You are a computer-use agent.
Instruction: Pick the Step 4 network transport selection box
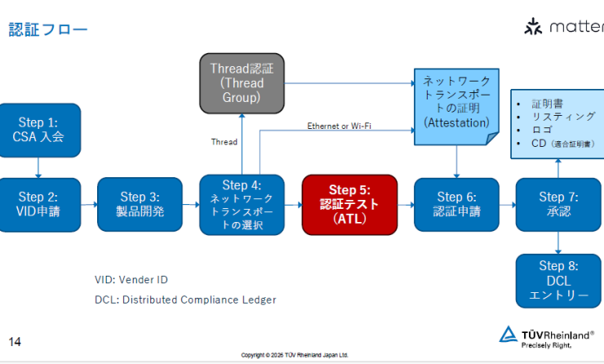pyautogui.click(x=242, y=205)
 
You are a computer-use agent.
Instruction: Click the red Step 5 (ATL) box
pyautogui.click(x=349, y=205)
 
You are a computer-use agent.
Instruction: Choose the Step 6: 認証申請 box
pyautogui.click(x=456, y=205)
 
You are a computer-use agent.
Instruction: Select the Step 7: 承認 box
pyautogui.click(x=558, y=205)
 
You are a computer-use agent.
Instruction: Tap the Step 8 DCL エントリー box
pyautogui.click(x=558, y=282)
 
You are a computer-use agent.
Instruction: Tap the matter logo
pyautogui.click(x=563, y=27)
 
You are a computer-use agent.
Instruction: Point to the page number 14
pyautogui.click(x=16, y=341)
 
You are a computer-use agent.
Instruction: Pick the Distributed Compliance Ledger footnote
pyautogui.click(x=185, y=300)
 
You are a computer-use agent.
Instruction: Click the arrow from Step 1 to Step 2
pyautogui.click(x=38, y=166)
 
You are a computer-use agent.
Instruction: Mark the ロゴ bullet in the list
pyautogui.click(x=542, y=130)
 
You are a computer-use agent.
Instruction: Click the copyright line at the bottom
pyautogui.click(x=295, y=355)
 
